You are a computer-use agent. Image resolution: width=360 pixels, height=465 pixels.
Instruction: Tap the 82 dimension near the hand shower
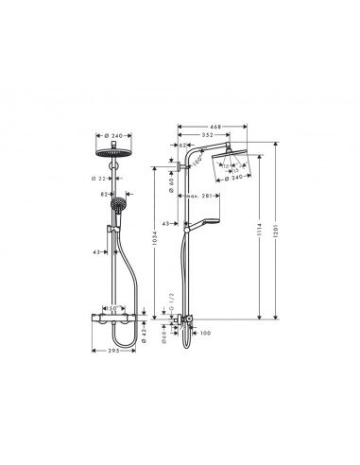(x=103, y=193)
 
